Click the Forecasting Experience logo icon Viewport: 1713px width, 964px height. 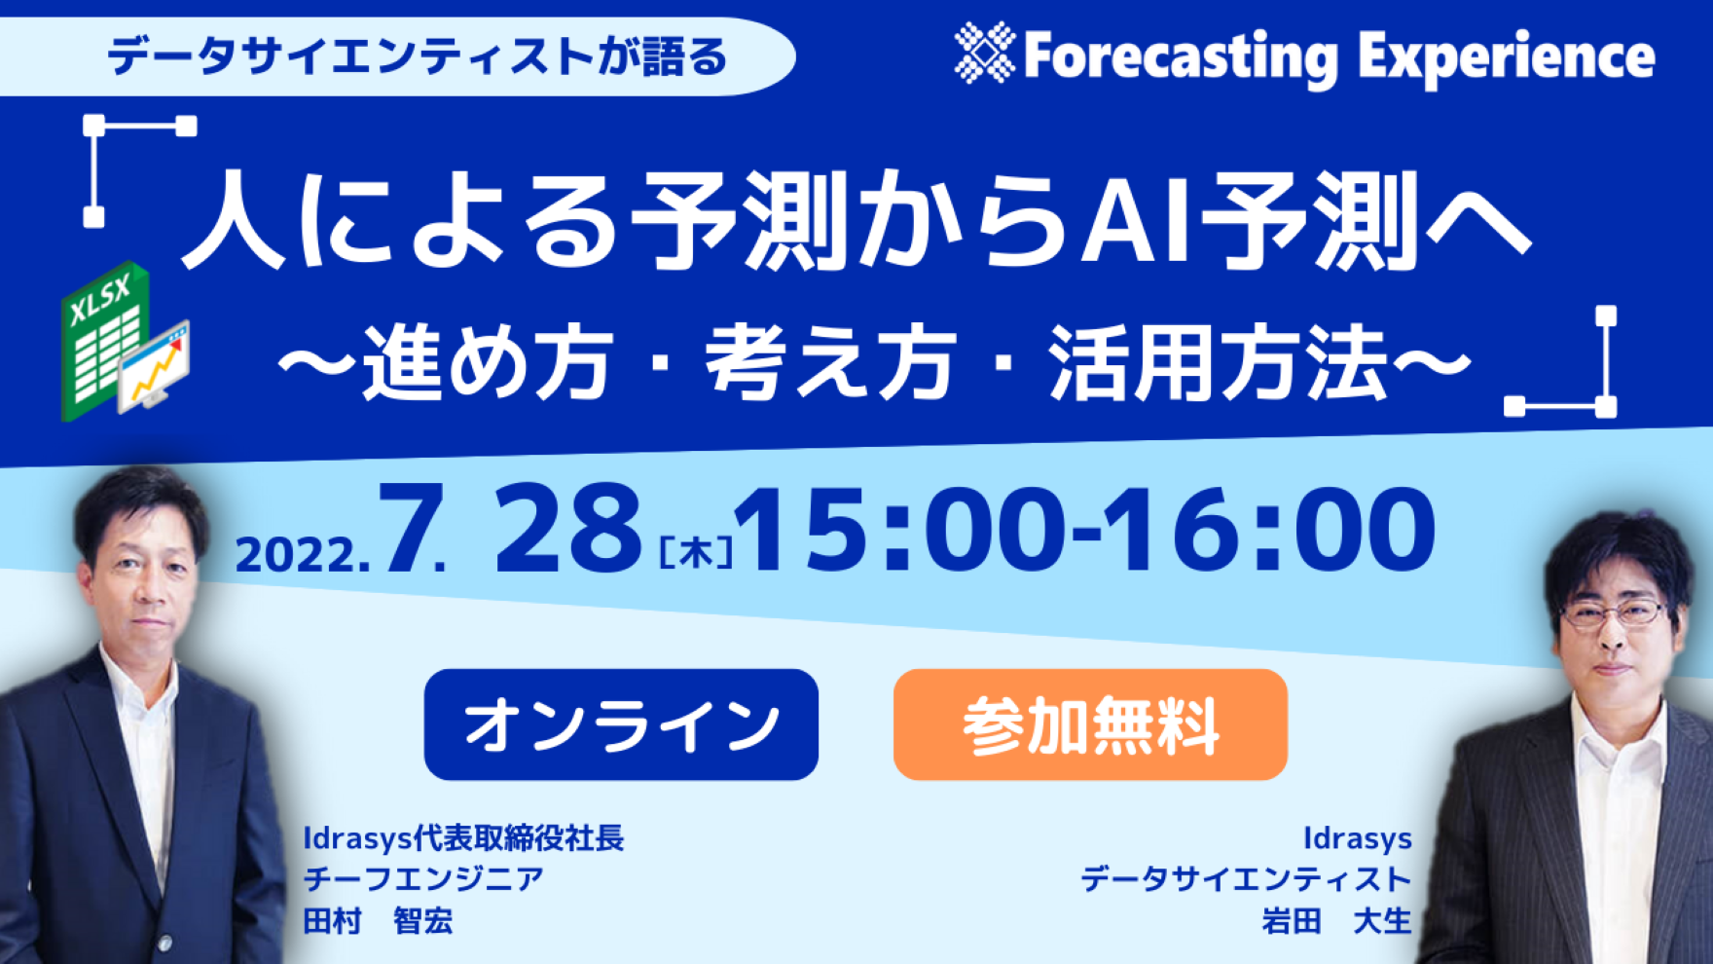(985, 53)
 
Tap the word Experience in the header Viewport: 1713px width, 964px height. (1507, 57)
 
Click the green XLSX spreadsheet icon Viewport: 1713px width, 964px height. (105, 340)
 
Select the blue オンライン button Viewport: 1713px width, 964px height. (621, 724)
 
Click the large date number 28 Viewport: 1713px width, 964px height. (568, 530)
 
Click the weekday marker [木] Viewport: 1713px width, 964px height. (696, 553)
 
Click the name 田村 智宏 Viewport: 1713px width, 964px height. (378, 920)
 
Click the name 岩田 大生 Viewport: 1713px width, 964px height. (1336, 920)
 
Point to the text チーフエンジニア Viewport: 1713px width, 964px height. (423, 879)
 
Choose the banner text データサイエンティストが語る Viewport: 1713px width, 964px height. (418, 56)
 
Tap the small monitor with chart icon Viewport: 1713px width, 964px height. (155, 365)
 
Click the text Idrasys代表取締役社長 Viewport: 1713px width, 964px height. (463, 838)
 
